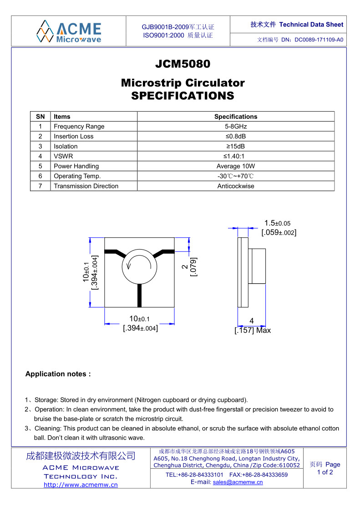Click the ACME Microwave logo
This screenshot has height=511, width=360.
[69, 31]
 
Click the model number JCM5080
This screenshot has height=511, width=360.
[183, 64]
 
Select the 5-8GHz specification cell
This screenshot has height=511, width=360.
[236, 127]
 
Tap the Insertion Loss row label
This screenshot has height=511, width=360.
[73, 136]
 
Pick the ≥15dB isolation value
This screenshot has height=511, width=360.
[236, 146]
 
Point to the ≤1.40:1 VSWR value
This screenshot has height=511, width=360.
[236, 156]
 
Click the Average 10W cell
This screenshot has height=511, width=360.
[236, 166]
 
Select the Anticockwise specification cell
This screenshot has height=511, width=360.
[236, 186]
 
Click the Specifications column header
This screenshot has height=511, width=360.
[236, 117]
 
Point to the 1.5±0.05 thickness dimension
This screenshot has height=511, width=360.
[277, 223]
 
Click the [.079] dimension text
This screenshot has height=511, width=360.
[193, 267]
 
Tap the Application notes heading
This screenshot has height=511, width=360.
[58, 374]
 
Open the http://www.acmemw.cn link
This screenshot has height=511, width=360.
[81, 485]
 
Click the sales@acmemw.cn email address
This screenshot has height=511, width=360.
[238, 482]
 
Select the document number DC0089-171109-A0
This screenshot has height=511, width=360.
[319, 40]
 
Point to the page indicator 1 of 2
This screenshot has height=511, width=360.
[325, 472]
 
